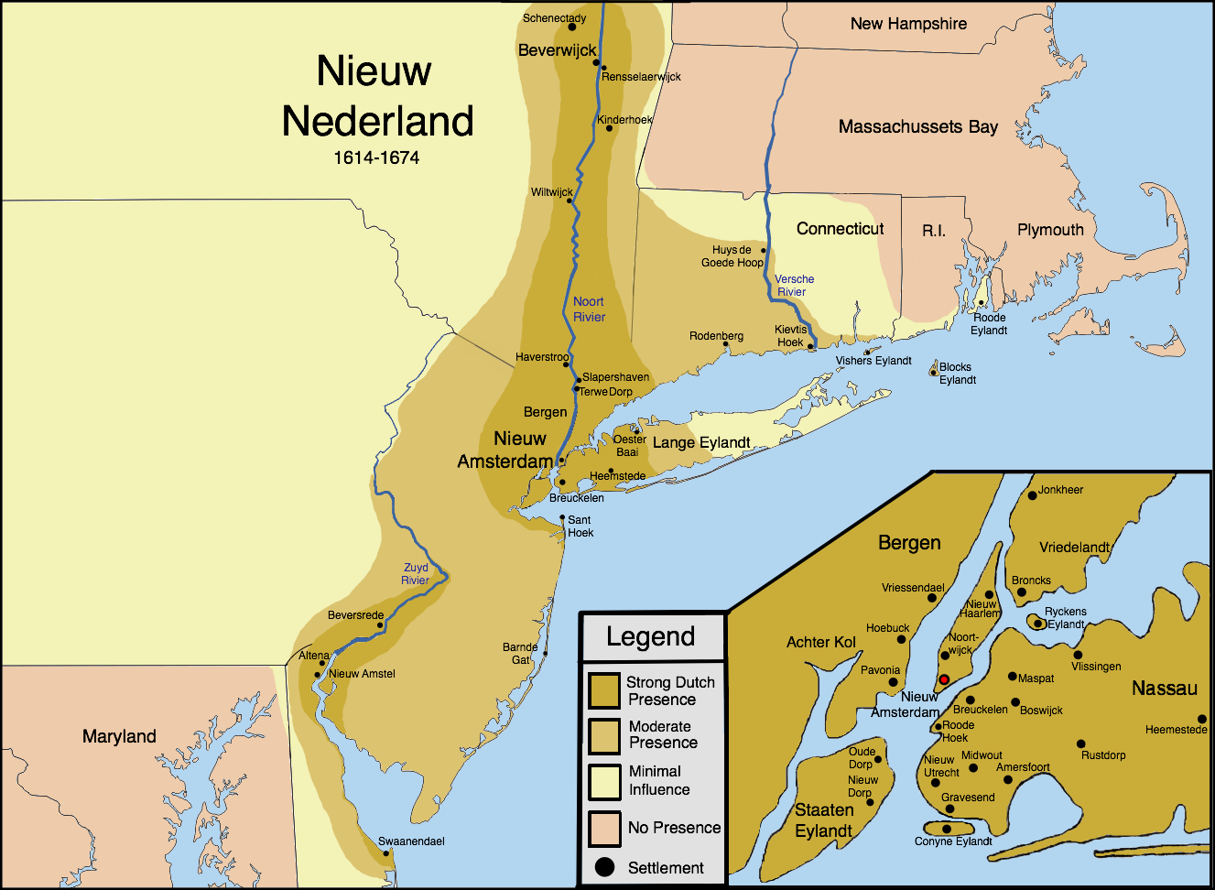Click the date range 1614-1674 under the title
click(x=376, y=157)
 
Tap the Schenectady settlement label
click(x=554, y=18)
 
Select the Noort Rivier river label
click(x=589, y=309)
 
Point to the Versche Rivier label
click(x=794, y=286)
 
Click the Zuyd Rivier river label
click(x=416, y=574)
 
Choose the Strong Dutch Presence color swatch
click(x=604, y=691)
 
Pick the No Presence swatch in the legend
click(x=604, y=828)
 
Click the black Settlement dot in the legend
click(x=604, y=867)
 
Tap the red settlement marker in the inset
click(x=944, y=680)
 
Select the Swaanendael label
click(x=411, y=841)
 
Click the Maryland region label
click(x=119, y=736)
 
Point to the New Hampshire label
click(x=908, y=24)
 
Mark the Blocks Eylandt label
click(x=957, y=374)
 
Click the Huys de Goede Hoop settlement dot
click(x=764, y=250)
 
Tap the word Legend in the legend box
click(x=651, y=636)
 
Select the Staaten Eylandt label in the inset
click(x=824, y=820)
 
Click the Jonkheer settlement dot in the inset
click(x=1032, y=495)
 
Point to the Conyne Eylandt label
click(x=953, y=841)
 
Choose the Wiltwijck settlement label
click(x=551, y=192)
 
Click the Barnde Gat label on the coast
click(x=520, y=653)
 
